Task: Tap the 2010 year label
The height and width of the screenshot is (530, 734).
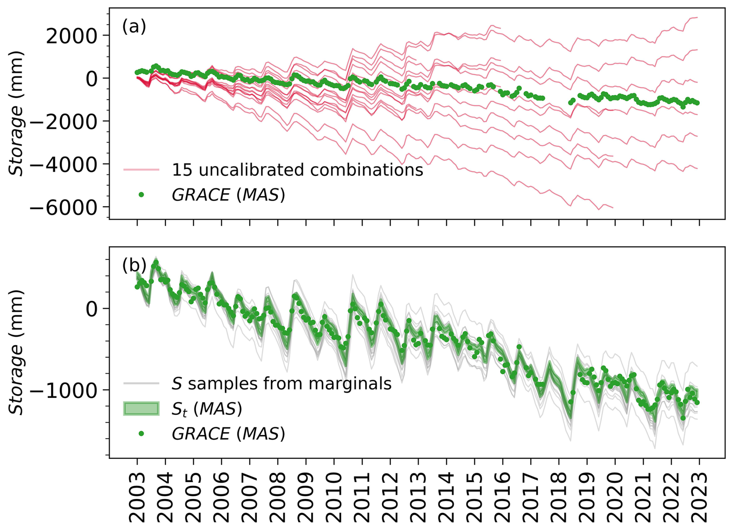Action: coord(334,497)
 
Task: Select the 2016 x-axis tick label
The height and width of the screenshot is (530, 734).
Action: coord(503,497)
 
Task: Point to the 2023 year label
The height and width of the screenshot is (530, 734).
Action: coord(699,497)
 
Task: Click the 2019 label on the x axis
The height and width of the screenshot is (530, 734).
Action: coord(587,497)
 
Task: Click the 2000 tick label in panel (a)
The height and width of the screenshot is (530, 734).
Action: coord(72,36)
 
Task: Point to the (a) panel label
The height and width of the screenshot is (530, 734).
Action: coord(134,27)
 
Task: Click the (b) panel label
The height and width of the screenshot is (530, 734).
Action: coord(134,266)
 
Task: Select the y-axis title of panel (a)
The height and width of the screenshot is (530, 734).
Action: coord(16,113)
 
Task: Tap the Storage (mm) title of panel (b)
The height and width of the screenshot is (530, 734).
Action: coord(16,352)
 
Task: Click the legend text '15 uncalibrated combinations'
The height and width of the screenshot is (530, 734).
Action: coord(297,170)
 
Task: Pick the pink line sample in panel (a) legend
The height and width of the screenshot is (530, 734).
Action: coord(141,170)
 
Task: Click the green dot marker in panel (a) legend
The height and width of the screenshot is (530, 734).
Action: coord(141,195)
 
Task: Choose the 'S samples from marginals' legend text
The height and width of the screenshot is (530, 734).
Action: coord(281,384)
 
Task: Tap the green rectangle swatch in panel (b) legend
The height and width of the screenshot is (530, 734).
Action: coord(141,408)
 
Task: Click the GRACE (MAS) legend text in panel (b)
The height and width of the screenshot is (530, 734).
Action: coord(228,433)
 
